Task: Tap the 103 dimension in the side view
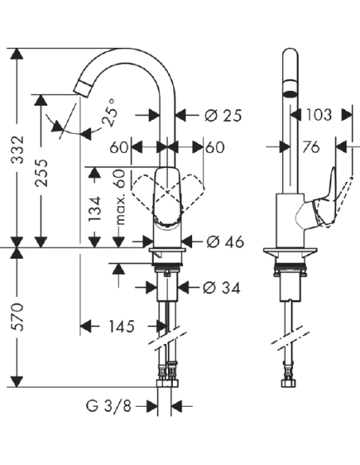tap(319, 115)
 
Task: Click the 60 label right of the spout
tap(214, 147)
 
